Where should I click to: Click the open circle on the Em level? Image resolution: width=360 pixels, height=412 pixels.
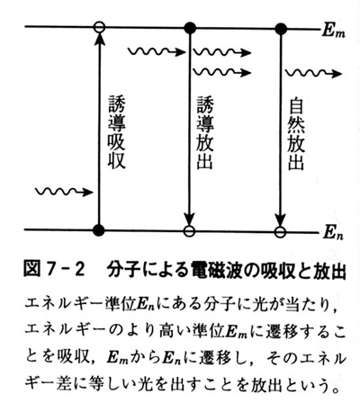[x=99, y=27]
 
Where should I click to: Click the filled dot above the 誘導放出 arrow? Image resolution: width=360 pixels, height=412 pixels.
[x=190, y=28]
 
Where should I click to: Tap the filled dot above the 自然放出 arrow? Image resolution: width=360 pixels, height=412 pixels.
[x=281, y=29]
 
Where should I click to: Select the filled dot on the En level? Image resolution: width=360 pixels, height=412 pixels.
[x=98, y=230]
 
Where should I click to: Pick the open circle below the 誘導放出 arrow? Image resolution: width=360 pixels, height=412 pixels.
[x=189, y=231]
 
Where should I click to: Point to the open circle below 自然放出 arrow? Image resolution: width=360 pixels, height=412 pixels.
[x=280, y=232]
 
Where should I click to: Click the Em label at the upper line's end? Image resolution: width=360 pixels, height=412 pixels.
[x=334, y=31]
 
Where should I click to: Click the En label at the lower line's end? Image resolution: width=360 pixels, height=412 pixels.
[x=333, y=233]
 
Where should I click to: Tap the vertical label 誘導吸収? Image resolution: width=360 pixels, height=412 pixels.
[x=116, y=132]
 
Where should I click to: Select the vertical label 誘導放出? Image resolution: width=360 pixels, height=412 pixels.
[x=205, y=132]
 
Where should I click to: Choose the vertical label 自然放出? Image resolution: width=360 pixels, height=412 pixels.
[x=296, y=134]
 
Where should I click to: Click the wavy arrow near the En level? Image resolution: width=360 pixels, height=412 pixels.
[x=64, y=192]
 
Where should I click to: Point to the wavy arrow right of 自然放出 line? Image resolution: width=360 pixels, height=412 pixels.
[x=313, y=73]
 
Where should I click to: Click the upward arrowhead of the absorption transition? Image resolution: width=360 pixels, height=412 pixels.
[x=99, y=39]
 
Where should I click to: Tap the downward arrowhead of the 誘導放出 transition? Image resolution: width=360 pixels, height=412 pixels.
[x=189, y=219]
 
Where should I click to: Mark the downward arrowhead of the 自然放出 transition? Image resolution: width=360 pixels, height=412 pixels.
[x=280, y=219]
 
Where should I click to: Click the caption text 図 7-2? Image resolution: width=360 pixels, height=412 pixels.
[x=54, y=269]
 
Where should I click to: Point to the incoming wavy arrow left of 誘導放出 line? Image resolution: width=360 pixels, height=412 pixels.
[x=157, y=52]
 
